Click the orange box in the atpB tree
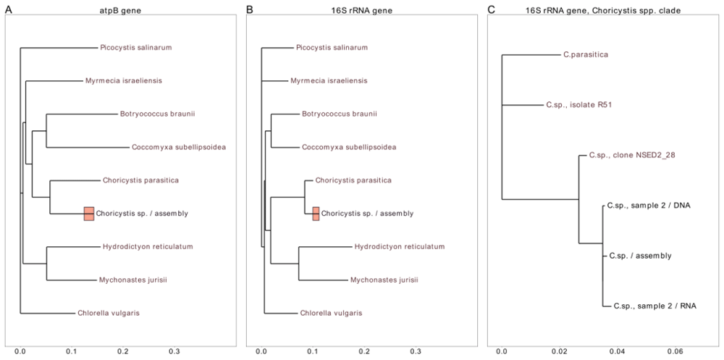[89, 214]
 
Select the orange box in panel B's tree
[316, 214]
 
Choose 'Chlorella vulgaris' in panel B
[331, 313]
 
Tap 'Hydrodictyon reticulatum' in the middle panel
[400, 246]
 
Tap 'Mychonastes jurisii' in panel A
[133, 280]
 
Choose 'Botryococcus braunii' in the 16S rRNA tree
[339, 114]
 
